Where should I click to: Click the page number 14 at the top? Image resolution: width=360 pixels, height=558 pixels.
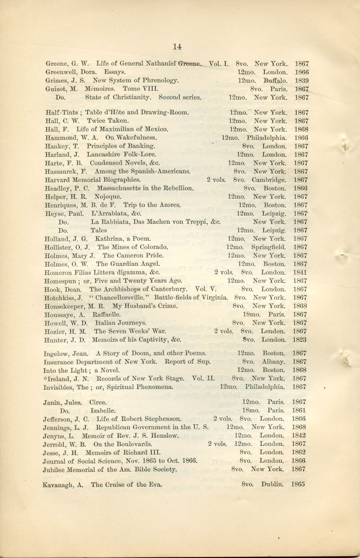pyautogui.click(x=177, y=47)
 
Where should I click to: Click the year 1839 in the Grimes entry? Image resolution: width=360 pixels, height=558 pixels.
pyautogui.click(x=302, y=81)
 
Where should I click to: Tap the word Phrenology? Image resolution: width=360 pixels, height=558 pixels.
pyautogui.click(x=162, y=81)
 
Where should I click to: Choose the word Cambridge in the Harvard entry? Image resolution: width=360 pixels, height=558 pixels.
pyautogui.click(x=269, y=180)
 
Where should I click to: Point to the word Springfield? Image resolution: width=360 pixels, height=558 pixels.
pyautogui.click(x=268, y=247)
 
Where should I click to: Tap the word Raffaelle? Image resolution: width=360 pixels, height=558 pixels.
pyautogui.click(x=106, y=315)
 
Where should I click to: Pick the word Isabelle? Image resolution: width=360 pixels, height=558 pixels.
pyautogui.click(x=103, y=411)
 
